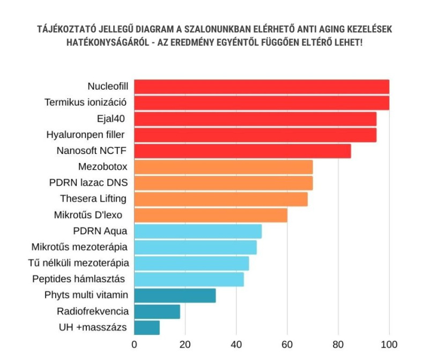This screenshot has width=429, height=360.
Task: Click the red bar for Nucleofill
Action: pos(261,87)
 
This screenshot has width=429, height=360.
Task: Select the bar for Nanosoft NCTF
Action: pos(242,151)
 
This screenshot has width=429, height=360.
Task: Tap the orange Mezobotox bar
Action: pos(223,167)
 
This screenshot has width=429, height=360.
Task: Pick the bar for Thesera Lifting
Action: pos(220,199)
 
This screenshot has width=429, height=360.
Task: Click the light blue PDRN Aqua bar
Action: pos(197,231)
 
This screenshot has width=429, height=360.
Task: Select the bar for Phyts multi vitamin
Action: pos(175,296)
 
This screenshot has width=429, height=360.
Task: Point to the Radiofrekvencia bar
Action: pos(157,312)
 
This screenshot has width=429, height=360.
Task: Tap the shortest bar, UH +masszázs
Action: pos(146,327)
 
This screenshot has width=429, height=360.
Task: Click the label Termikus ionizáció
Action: pos(86,102)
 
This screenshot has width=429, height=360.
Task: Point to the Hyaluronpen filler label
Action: pos(90,135)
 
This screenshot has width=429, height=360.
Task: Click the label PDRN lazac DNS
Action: pos(88,183)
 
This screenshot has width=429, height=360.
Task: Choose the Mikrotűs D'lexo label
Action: pos(88,215)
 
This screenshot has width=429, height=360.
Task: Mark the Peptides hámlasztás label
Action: pos(86,279)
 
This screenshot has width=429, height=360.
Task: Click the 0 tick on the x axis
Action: pos(134,344)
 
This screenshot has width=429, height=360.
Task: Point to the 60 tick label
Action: pos(287,344)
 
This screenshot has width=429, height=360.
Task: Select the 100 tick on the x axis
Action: pos(389,344)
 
